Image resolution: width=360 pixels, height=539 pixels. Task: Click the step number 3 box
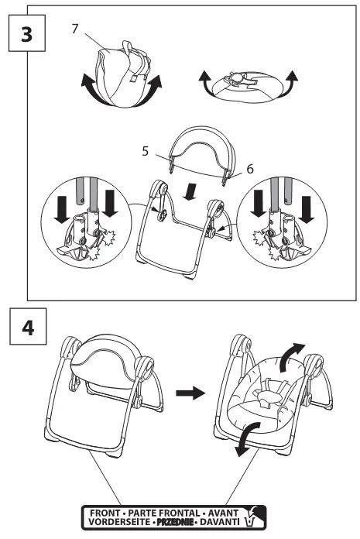pyautogui.click(x=27, y=33)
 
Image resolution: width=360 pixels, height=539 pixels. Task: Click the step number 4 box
pyautogui.click(x=28, y=326)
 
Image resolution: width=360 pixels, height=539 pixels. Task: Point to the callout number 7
pyautogui.click(x=75, y=29)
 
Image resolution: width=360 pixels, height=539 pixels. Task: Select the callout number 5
pyautogui.click(x=146, y=151)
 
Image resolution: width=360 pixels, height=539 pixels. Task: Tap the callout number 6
pyautogui.click(x=250, y=169)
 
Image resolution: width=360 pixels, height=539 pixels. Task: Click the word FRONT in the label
pyautogui.click(x=105, y=513)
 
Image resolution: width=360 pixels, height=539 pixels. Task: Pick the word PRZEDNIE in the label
pyautogui.click(x=174, y=522)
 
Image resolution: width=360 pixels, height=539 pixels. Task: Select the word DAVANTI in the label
pyautogui.click(x=220, y=521)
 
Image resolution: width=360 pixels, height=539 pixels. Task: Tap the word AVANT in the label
pyautogui.click(x=223, y=513)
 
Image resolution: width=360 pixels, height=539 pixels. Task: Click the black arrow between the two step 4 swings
pyautogui.click(x=190, y=393)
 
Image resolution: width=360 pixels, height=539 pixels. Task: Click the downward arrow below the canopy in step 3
pyautogui.click(x=190, y=191)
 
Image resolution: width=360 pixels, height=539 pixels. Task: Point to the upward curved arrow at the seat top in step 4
pyautogui.click(x=290, y=357)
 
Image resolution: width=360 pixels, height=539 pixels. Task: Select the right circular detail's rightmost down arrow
pyautogui.click(x=307, y=209)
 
